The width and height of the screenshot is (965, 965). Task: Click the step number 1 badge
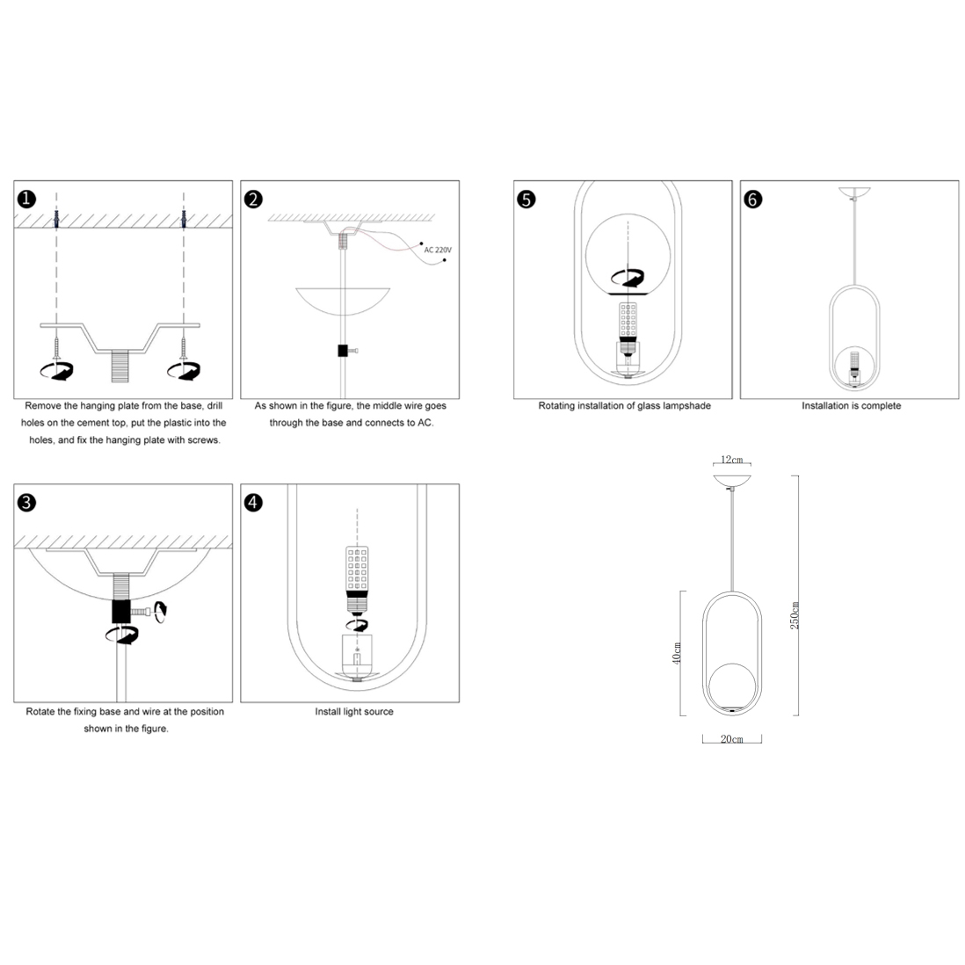pos(27,200)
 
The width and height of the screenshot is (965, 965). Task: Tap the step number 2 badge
pos(254,200)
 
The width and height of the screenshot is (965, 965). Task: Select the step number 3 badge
pos(27,503)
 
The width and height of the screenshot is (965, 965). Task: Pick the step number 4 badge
pos(254,503)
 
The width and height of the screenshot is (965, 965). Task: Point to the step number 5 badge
pos(526,200)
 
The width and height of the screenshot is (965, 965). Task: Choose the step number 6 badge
pos(753,200)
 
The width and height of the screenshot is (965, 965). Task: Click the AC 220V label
pos(438,250)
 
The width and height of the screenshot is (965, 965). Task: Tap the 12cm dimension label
pos(732,460)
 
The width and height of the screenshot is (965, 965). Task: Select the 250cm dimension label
pos(794,615)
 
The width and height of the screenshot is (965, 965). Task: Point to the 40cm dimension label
pos(677,654)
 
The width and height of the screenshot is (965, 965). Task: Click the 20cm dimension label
pos(732,739)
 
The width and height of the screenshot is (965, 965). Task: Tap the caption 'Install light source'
pos(354,711)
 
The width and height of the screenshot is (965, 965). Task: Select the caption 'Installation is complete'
pos(851,405)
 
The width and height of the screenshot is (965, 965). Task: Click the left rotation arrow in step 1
pos(56,371)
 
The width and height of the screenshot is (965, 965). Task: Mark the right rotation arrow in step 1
pos(184,371)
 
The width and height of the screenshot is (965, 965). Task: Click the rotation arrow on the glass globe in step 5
pos(628,279)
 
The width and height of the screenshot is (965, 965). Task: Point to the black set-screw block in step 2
pos(343,351)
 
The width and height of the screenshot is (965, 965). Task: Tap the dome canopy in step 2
pos(343,301)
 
